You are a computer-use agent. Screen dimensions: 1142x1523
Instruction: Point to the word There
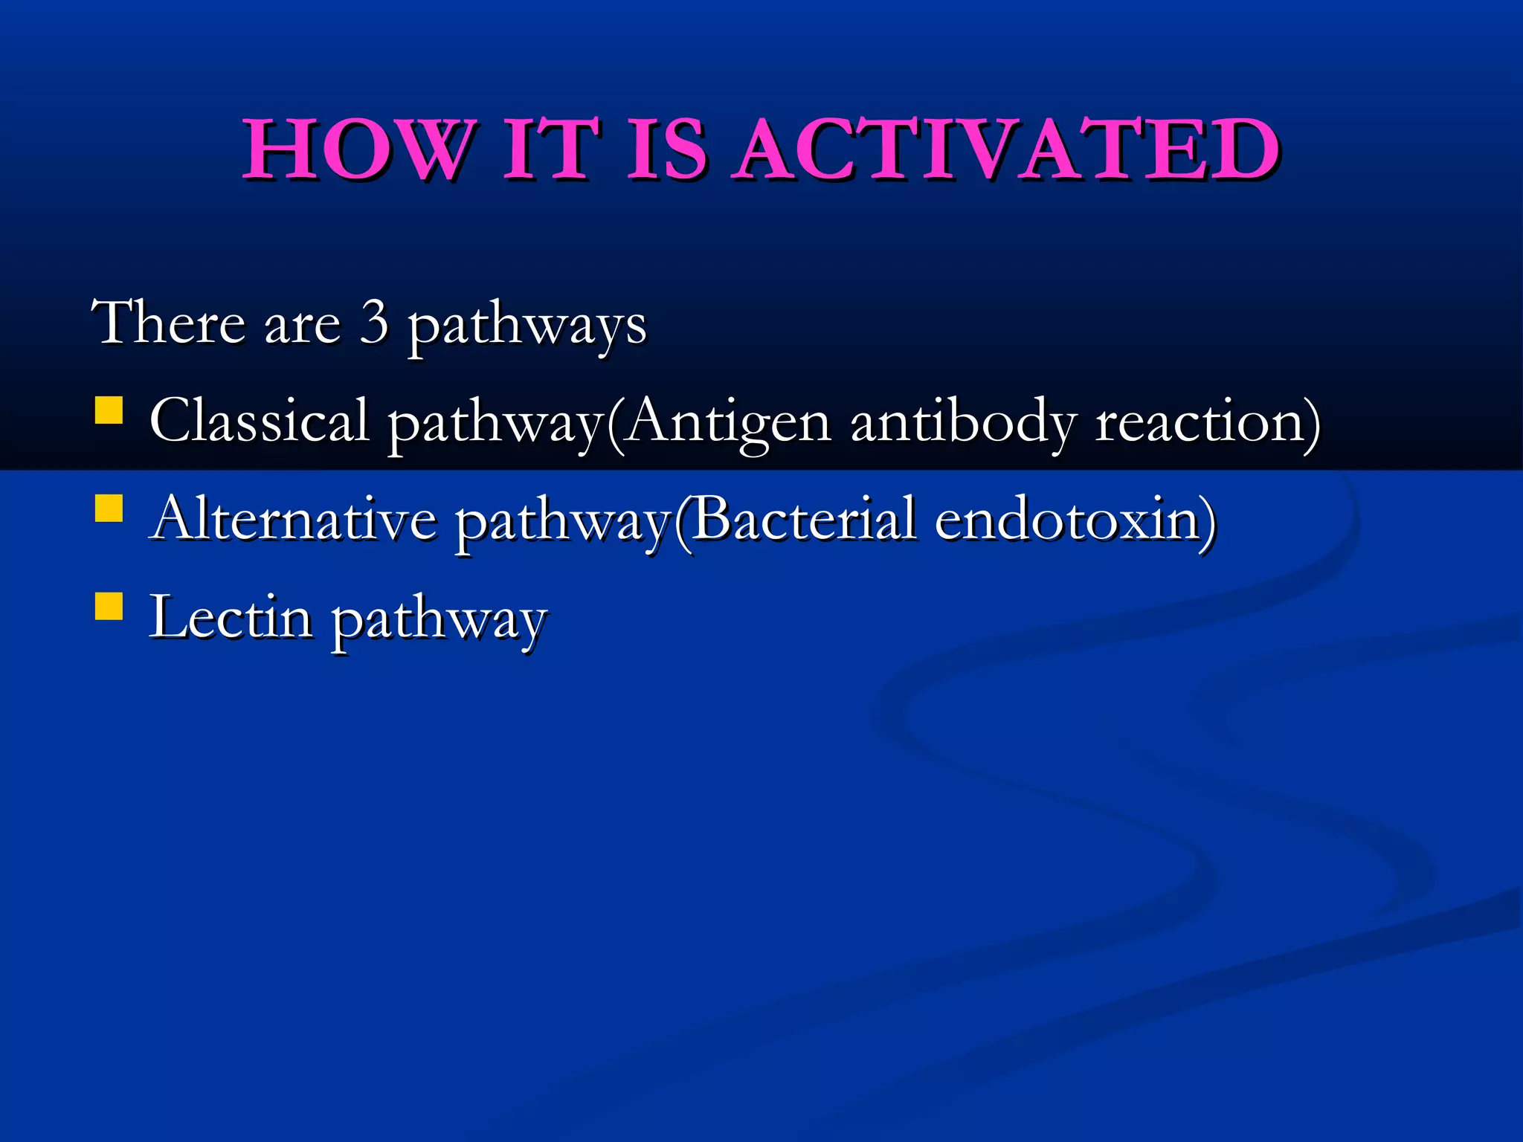click(x=168, y=323)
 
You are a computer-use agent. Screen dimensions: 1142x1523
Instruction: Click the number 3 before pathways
click(x=374, y=323)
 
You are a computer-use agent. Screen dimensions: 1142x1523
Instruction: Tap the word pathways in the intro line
click(x=527, y=327)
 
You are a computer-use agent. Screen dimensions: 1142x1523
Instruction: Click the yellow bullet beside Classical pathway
click(x=109, y=410)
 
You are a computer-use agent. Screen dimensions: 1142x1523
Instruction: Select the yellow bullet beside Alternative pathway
click(x=109, y=509)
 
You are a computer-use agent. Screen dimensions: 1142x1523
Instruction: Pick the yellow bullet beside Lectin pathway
click(x=109, y=606)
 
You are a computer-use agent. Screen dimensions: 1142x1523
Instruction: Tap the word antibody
click(x=963, y=422)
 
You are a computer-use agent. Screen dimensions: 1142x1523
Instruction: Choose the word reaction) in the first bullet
click(x=1208, y=422)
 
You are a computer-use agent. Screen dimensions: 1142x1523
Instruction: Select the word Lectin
click(x=231, y=617)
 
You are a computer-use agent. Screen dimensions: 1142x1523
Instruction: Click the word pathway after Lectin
click(x=439, y=622)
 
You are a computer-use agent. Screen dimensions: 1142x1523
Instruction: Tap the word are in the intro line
click(x=303, y=326)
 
